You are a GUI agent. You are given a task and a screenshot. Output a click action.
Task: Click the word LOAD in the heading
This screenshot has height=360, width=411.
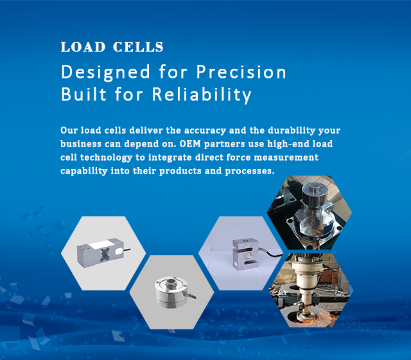click(83, 47)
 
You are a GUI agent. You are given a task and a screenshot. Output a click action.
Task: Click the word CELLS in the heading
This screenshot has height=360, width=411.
click(138, 47)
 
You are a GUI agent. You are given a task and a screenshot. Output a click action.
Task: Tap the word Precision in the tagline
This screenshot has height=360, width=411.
click(241, 72)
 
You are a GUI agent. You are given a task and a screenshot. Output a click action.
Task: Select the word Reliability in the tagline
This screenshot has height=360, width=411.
click(202, 94)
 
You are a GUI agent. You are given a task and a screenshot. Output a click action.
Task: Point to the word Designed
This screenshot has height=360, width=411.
click(105, 73)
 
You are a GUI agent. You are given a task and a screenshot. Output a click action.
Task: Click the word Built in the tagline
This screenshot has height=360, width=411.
click(83, 94)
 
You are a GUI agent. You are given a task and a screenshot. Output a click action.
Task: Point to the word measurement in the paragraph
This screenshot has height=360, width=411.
click(286, 157)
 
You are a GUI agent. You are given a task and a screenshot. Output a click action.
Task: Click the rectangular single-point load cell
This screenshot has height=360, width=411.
click(100, 253)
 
